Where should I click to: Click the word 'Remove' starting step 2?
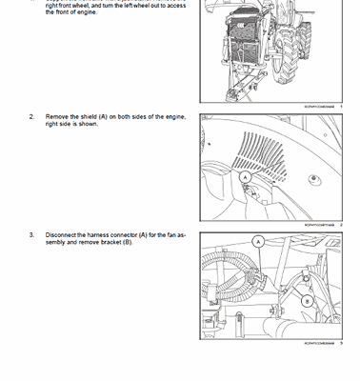57,116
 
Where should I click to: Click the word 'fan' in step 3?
168,234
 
